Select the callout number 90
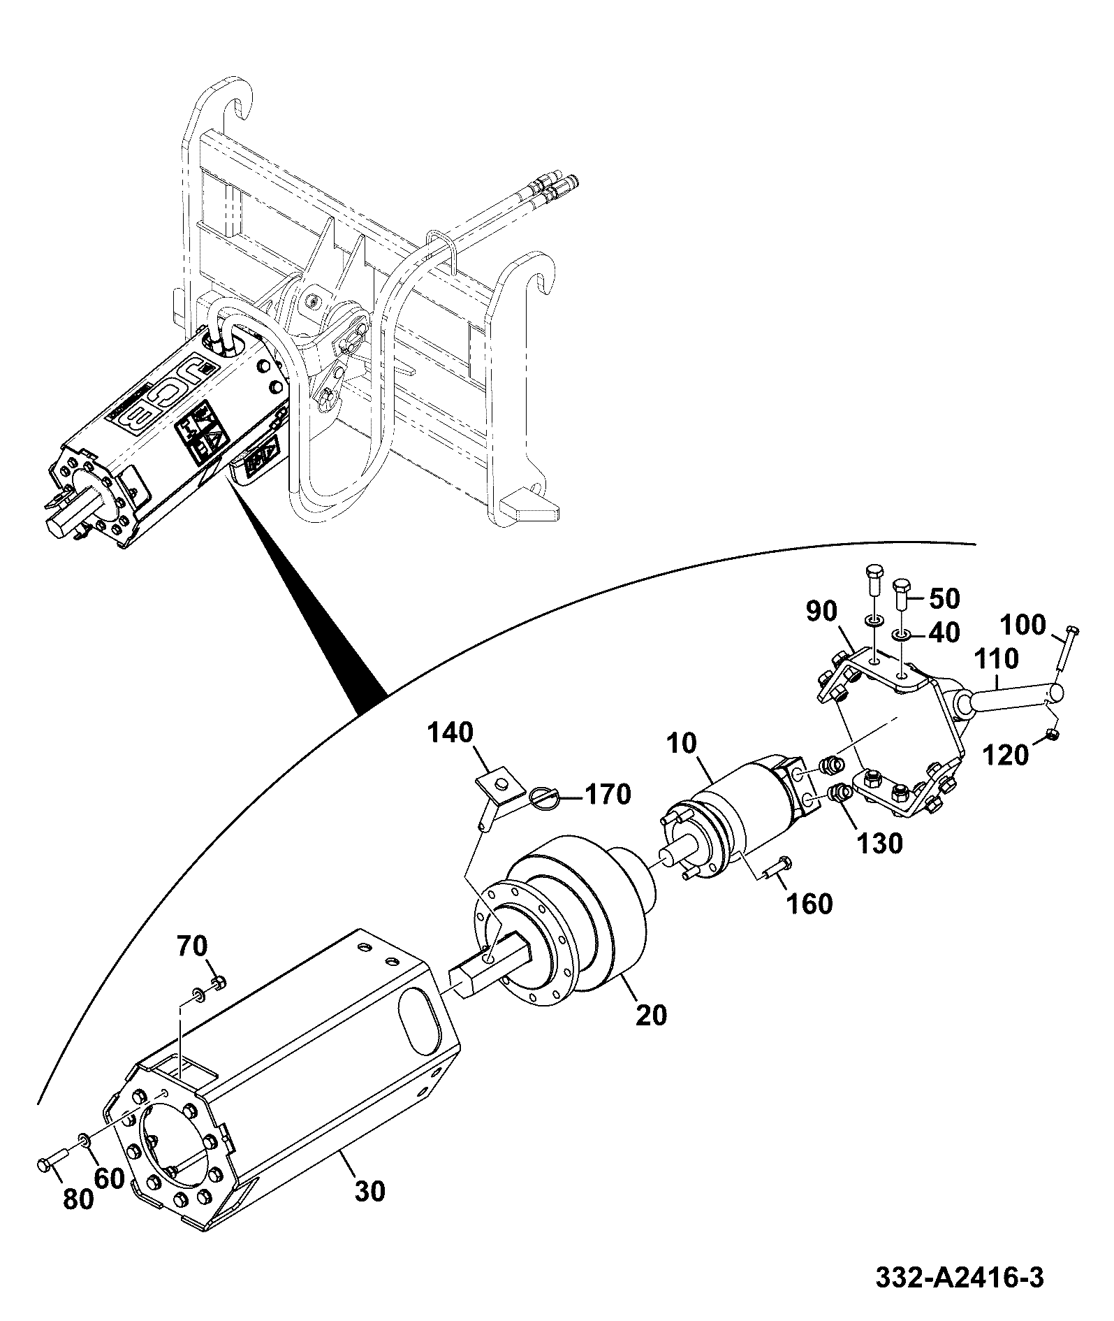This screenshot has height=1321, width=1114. [x=821, y=612]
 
